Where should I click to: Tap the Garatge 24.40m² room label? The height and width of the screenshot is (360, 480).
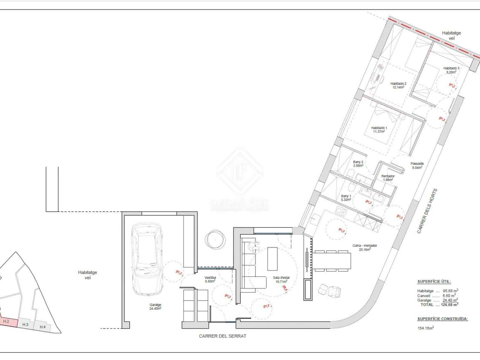tap(155, 306)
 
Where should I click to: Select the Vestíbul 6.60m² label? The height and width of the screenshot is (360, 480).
tap(210, 279)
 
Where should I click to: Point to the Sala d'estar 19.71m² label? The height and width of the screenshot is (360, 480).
tap(281, 280)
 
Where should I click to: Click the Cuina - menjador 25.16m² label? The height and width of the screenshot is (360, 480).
tap(364, 247)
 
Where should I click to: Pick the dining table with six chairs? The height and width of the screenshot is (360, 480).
tap(332, 260)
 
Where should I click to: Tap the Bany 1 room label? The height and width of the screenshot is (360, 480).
tap(346, 197)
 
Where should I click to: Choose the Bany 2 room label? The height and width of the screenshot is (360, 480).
tap(358, 163)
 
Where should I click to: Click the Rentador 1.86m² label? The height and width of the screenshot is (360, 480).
tap(388, 178)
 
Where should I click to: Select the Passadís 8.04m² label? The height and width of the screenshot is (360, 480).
tap(417, 166)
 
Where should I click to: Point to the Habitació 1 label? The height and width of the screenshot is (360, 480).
tap(379, 129)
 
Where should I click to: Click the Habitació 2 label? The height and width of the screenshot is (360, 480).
tap(398, 85)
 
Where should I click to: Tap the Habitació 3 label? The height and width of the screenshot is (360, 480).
tap(451, 70)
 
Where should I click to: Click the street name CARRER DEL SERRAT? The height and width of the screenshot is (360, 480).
tap(222, 336)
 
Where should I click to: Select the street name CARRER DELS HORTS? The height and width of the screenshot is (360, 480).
tap(427, 211)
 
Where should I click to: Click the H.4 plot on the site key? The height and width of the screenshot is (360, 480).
tap(43, 327)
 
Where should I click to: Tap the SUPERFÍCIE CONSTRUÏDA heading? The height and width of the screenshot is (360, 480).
tap(442, 319)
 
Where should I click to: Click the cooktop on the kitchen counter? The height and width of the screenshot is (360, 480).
tap(341, 212)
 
